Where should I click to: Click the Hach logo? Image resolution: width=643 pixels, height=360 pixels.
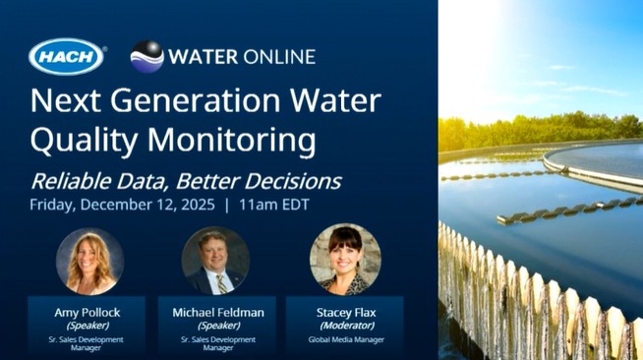tap(67, 56)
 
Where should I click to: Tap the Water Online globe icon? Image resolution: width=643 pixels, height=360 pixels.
tap(146, 56)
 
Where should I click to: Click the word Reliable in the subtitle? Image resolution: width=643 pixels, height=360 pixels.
tap(72, 181)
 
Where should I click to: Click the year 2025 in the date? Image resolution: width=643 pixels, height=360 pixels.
tap(193, 206)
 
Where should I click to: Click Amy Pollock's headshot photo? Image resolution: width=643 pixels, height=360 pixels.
tap(88, 261)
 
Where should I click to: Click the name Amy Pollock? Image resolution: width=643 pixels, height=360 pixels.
tap(87, 312)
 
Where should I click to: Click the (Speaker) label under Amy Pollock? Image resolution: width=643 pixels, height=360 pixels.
tap(87, 325)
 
